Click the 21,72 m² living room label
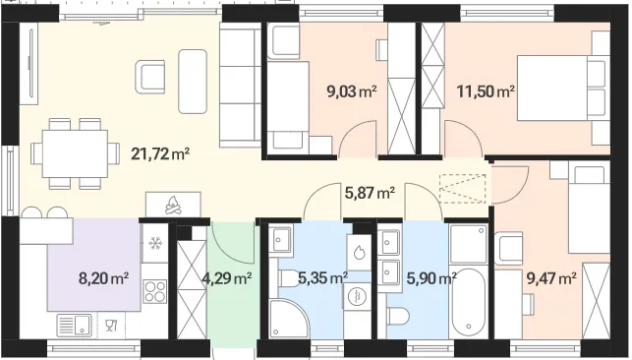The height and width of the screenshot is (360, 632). click(160, 153)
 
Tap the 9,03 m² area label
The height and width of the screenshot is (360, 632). click(352, 91)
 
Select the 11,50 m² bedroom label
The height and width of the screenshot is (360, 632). click(486, 91)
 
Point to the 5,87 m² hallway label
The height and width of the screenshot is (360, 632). click(370, 193)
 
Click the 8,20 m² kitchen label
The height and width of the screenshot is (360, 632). click(103, 278)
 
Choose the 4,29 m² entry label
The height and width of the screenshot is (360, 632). click(228, 278)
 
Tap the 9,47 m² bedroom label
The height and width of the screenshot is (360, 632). click(551, 277)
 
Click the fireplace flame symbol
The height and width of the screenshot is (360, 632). click(173, 206)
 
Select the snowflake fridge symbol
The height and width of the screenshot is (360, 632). click(154, 243)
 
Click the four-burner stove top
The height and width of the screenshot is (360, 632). click(154, 291)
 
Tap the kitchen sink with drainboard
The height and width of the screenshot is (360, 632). click(74, 326)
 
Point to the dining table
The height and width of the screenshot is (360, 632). click(75, 153)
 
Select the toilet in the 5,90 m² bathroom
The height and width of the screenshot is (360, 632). click(398, 316)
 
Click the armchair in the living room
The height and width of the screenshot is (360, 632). click(150, 77)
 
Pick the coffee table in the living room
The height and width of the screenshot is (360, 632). click(193, 82)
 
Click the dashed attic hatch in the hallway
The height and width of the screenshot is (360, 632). click(462, 188)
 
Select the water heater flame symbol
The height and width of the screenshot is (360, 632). click(359, 253)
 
